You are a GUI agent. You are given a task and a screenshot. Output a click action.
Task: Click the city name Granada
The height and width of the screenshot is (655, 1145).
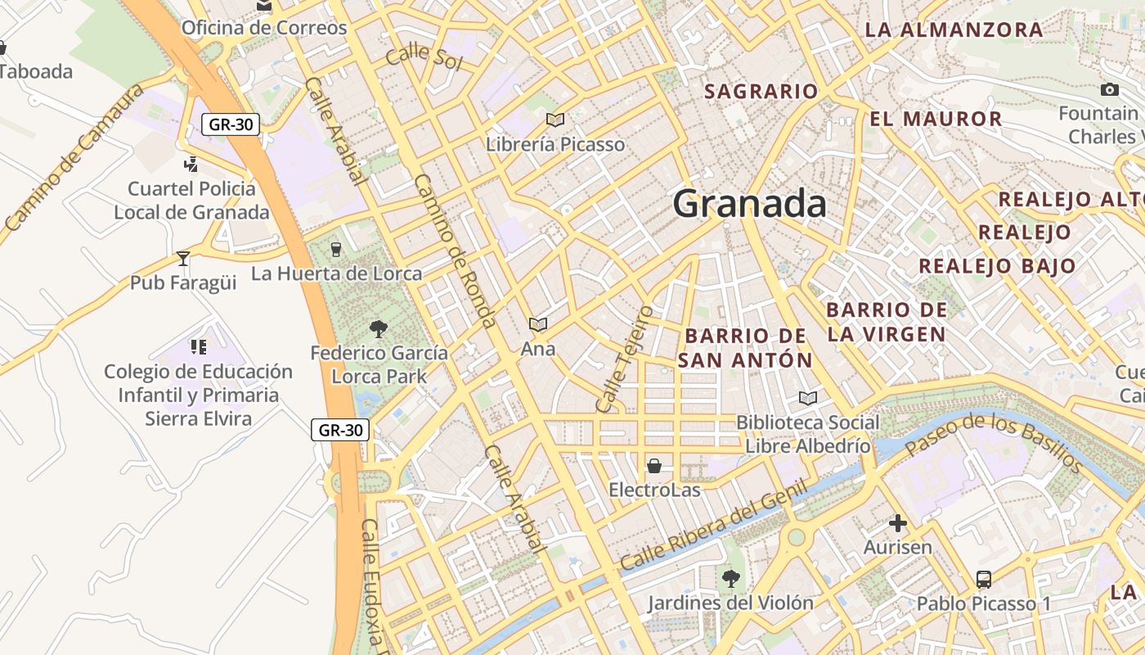749,204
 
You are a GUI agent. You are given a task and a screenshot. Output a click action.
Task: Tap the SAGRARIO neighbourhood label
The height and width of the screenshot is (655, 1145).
761,92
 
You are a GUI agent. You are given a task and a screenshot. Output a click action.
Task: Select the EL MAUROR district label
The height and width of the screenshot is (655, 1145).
936,120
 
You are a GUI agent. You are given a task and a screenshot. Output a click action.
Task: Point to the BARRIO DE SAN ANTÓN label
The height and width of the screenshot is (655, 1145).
745,348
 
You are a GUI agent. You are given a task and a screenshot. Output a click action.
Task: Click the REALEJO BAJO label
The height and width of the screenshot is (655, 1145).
997,266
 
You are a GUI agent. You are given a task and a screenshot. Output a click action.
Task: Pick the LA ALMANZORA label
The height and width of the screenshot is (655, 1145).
954,30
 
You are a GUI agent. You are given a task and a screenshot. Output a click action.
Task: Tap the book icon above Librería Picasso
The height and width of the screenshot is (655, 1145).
555,120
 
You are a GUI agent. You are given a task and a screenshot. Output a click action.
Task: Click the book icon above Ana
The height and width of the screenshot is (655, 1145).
537,325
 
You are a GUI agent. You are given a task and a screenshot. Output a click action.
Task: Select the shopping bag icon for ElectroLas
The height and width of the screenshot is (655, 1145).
654,466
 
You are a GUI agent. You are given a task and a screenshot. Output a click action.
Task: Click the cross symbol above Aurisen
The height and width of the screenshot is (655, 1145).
898,523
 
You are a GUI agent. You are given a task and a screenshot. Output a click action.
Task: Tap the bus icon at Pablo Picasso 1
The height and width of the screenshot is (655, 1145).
984,580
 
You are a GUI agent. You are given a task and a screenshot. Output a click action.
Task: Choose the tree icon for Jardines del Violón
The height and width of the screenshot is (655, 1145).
730,579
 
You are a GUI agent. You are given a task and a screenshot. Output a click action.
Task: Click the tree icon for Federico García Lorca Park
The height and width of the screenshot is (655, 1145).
378,329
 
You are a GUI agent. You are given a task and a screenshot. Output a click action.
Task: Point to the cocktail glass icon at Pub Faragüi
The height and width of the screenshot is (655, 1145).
183,259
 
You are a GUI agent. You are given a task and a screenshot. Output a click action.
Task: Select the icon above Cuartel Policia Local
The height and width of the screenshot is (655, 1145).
191,165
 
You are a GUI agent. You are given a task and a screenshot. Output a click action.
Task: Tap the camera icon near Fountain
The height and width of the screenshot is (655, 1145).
1110,89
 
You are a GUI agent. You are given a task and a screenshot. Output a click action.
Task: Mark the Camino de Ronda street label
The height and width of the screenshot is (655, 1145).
456,251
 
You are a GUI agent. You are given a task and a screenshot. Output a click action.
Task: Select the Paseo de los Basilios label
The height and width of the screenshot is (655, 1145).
994,443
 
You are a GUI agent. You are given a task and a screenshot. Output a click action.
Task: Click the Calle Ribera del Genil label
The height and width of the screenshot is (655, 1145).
713,526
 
